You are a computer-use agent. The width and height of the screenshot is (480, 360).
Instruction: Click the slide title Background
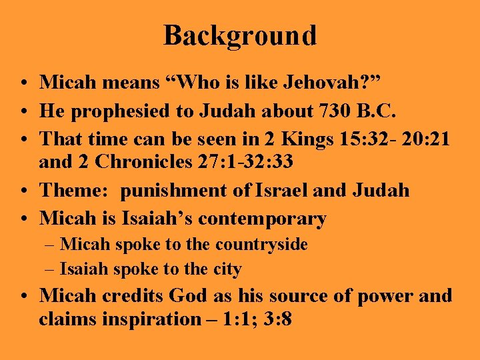coord(240,35)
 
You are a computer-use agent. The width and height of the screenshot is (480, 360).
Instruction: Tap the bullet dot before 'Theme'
coord(24,191)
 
